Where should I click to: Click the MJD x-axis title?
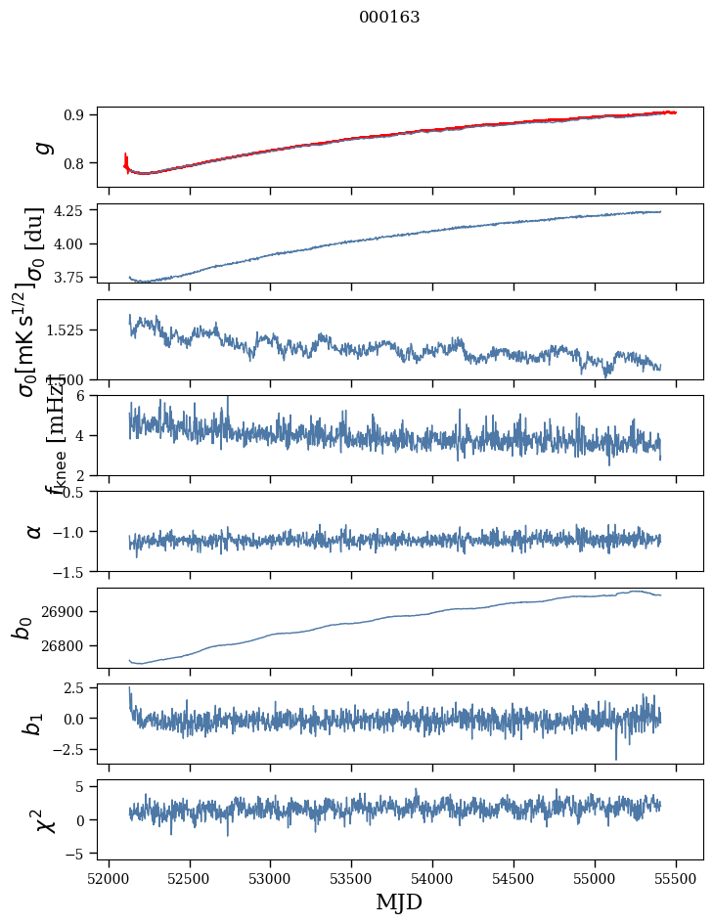coord(399,901)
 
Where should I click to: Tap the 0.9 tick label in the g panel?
coord(81,114)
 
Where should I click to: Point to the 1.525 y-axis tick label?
coord(72,330)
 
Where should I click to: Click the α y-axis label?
coord(34,530)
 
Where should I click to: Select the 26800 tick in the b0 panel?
coord(69,645)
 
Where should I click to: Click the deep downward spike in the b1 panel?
coord(616,757)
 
